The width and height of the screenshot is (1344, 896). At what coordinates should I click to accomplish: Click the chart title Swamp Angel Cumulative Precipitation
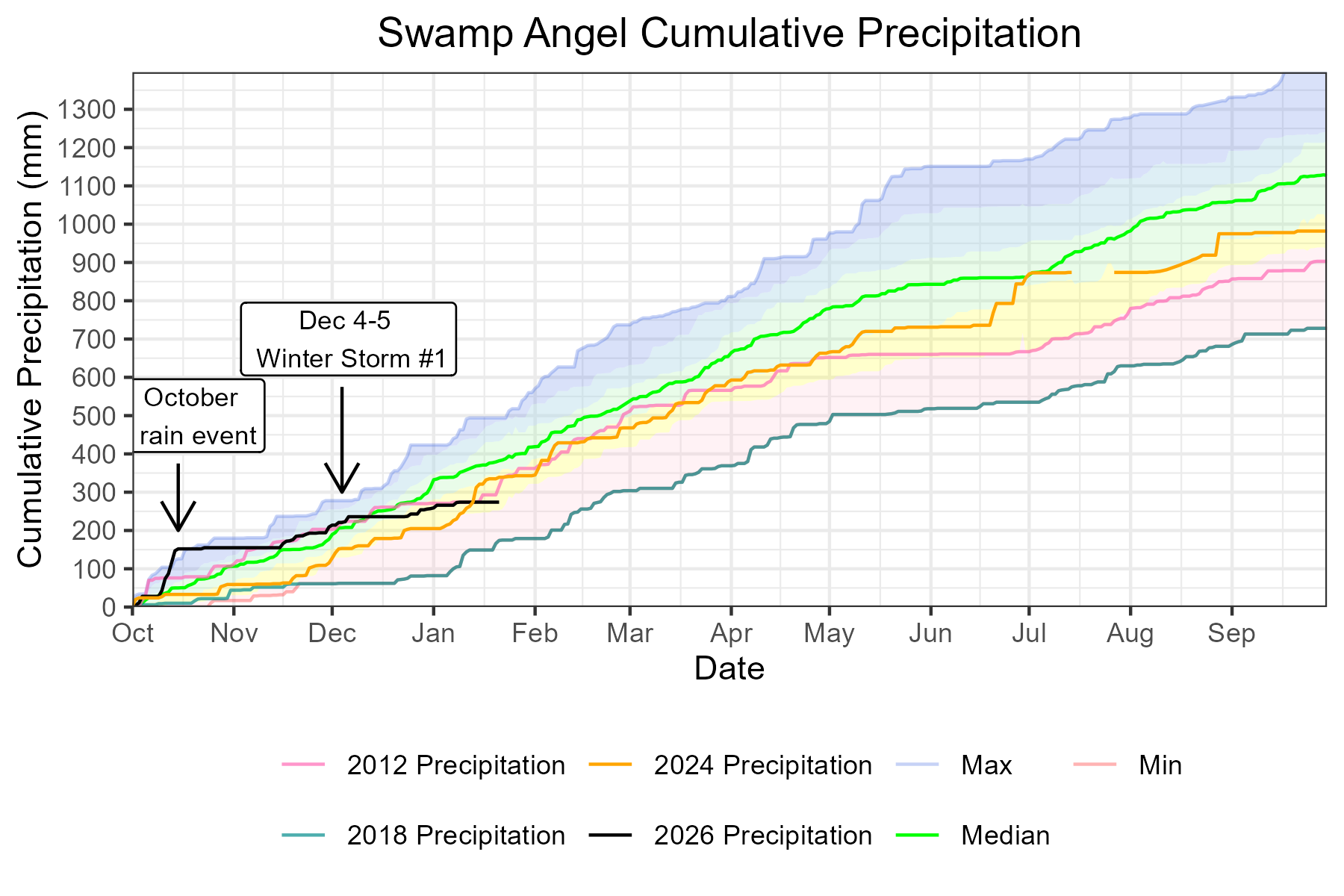(729, 34)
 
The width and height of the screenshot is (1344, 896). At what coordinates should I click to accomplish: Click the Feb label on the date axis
(535, 635)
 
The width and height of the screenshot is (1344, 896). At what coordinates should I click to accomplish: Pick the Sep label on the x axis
(1231, 635)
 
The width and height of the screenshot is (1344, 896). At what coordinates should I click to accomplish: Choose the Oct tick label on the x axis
(133, 635)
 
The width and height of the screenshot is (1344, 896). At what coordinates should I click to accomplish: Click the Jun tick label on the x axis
(930, 635)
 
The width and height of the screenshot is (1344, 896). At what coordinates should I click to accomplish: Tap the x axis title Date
(729, 668)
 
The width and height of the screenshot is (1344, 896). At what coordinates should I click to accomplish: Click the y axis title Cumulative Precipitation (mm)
(30, 340)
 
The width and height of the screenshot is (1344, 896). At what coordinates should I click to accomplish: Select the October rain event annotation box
(199, 416)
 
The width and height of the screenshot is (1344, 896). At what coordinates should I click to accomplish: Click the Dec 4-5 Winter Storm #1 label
(348, 339)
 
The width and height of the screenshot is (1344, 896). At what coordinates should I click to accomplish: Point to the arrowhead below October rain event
(178, 527)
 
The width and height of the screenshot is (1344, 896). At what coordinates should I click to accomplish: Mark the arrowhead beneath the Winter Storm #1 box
(341, 489)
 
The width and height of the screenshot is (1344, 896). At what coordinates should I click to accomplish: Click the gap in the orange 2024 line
(1092, 273)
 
